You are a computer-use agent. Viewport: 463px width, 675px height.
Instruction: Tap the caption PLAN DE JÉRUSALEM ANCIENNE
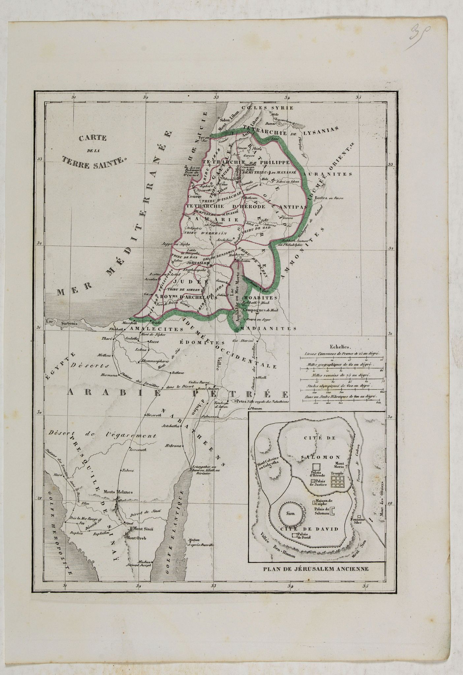click(x=316, y=568)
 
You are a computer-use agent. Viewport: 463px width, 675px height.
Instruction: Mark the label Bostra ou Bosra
click(x=329, y=198)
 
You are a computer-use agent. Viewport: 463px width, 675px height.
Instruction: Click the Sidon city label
click(x=224, y=120)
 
